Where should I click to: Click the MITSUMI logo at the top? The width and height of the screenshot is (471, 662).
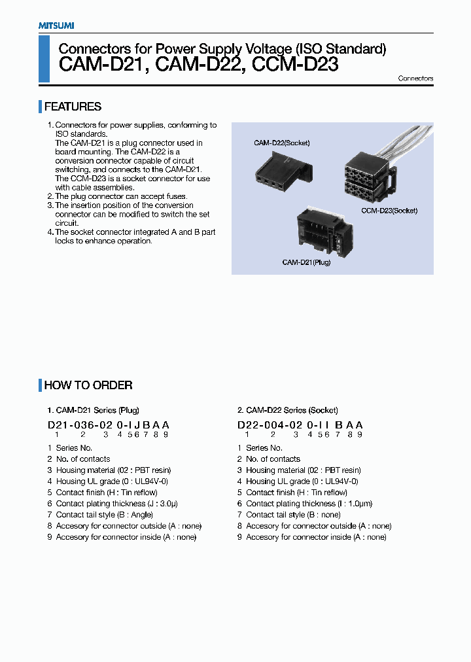point(56,26)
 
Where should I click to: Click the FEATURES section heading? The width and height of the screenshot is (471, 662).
point(73,107)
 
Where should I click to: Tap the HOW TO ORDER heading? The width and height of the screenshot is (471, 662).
point(88,385)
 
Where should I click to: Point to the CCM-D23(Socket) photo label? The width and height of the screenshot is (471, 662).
point(389,211)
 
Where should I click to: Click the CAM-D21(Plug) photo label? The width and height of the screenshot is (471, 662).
point(306,262)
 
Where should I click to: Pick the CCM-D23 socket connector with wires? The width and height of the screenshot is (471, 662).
point(370,173)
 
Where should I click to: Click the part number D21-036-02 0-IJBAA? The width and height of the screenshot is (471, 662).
point(109,425)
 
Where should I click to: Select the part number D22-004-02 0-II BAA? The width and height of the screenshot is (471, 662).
point(300,425)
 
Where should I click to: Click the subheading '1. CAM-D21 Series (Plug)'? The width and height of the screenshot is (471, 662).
point(93,410)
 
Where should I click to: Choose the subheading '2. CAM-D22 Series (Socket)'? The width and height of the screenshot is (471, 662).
point(287,410)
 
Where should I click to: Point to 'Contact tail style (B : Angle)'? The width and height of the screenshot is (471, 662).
point(105,515)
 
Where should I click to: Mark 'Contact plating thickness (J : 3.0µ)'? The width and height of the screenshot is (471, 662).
point(117,504)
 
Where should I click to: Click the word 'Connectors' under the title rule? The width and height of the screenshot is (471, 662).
point(415,78)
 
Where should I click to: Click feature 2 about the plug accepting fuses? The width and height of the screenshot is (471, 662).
point(121,196)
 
